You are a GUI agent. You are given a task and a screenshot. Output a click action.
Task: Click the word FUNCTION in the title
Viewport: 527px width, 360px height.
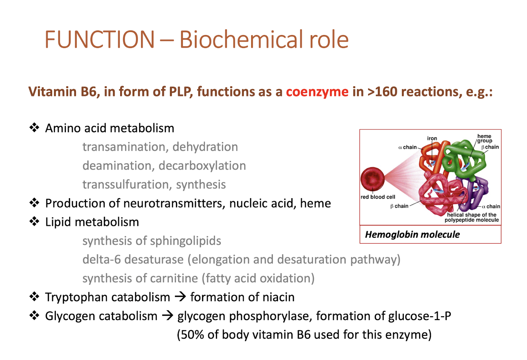point(99,39)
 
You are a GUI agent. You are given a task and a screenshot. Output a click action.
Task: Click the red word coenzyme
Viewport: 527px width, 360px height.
point(317,91)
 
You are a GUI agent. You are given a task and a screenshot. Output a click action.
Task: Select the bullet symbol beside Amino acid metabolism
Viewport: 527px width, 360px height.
point(34,128)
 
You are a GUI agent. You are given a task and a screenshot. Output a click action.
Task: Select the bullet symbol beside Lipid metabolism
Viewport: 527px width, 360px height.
point(34,221)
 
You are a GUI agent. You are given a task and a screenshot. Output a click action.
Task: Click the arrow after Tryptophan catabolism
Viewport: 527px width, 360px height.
point(180,296)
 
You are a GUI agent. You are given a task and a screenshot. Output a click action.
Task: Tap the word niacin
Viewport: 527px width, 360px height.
point(278,297)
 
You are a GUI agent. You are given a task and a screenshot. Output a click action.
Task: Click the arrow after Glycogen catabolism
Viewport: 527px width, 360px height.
point(167,315)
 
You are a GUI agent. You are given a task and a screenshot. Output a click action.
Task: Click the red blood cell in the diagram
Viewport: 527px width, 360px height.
point(372,179)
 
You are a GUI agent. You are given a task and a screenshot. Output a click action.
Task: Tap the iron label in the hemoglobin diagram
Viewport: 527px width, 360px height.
point(432,138)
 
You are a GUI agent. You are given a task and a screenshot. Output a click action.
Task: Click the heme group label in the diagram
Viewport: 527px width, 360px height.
point(484,138)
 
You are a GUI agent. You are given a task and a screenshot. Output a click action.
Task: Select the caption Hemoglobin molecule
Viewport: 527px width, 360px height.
point(412,234)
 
